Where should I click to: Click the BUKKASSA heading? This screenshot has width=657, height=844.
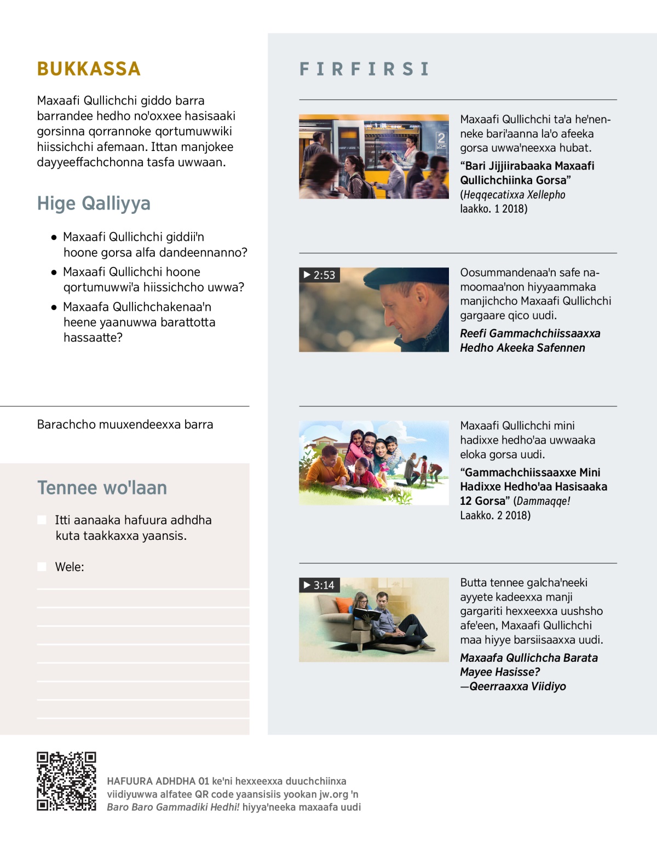point(89,69)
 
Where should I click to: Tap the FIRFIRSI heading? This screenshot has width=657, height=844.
point(364,69)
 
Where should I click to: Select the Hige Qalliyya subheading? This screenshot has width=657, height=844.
point(94,203)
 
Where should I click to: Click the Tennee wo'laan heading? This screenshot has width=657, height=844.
point(102,487)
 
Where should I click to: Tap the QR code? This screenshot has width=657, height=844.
point(66,781)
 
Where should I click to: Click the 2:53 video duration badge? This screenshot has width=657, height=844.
point(320,275)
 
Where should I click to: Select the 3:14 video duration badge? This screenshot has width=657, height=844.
point(320,585)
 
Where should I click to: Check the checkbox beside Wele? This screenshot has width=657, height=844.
point(42,567)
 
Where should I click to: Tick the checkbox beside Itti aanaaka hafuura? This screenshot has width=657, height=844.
point(42,520)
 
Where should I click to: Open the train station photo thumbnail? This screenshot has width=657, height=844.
point(373,156)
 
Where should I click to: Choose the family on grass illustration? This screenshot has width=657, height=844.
point(373,463)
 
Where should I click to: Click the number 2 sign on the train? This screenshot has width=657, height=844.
point(441,138)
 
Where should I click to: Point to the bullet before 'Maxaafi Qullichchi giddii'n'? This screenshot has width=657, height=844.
point(54,237)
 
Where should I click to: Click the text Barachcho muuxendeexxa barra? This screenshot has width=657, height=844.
point(125,424)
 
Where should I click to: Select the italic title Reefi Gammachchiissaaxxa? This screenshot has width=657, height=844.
point(529,333)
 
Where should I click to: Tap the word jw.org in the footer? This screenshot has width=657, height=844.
point(333,794)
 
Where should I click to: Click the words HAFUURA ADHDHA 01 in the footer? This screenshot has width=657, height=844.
point(158,781)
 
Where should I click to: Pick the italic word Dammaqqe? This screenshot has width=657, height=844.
point(543,500)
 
